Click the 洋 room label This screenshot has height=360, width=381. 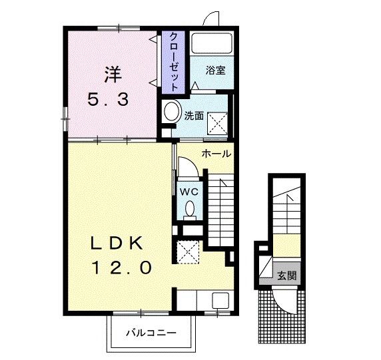(x=113, y=75)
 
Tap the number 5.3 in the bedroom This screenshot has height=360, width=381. (x=108, y=100)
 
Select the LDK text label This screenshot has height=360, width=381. (x=117, y=244)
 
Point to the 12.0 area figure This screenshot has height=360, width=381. (x=121, y=268)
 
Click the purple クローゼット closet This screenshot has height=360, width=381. (x=173, y=62)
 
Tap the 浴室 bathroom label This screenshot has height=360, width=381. (x=216, y=70)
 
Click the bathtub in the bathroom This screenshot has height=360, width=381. (x=211, y=44)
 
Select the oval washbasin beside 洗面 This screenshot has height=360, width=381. (x=172, y=110)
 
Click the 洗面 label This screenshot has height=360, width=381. (x=194, y=116)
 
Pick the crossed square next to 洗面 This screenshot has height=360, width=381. (x=217, y=123)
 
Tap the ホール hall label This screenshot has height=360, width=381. (x=216, y=154)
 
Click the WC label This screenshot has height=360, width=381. (x=189, y=192)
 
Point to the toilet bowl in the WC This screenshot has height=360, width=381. (x=190, y=208)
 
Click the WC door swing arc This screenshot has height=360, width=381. (x=193, y=162)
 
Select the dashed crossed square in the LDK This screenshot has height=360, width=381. (x=188, y=252)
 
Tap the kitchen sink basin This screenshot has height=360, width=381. (x=220, y=300)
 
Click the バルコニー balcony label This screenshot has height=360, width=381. (x=151, y=333)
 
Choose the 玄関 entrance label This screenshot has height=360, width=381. (x=287, y=275)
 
